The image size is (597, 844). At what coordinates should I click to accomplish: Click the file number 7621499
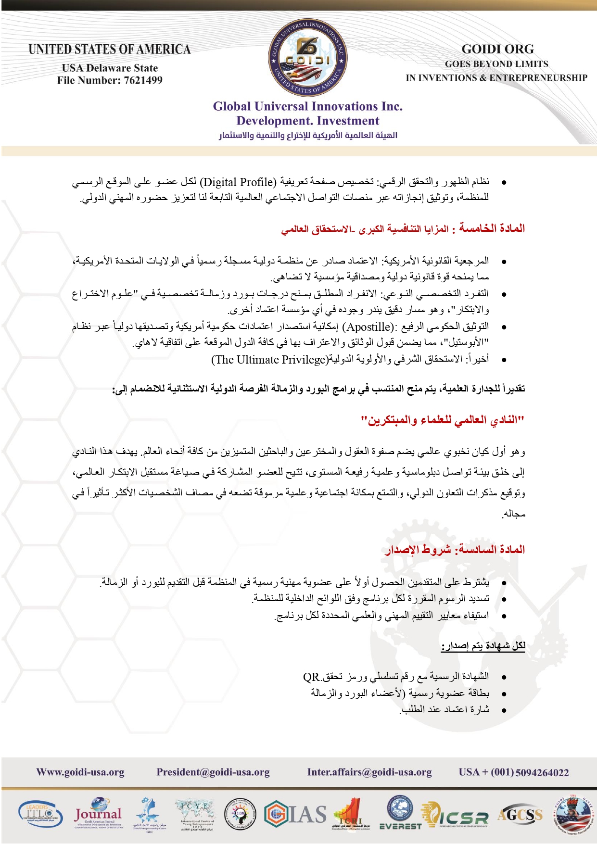point(143,80)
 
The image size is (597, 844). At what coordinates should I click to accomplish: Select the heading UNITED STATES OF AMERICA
point(110,50)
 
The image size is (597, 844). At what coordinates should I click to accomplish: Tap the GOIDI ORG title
point(497,49)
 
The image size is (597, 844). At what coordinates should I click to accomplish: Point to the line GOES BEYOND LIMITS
point(496,64)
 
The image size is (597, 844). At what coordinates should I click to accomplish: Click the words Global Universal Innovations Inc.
point(308,106)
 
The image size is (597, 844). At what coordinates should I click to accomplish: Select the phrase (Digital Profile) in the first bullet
point(238,182)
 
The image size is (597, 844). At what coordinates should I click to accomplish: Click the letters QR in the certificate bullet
point(311,677)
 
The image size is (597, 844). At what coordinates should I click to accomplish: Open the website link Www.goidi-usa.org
point(80,772)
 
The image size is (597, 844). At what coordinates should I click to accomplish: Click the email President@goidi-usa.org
point(213,772)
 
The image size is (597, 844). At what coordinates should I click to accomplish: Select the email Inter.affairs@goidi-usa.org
point(369,772)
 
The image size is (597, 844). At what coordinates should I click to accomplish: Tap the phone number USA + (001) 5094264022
point(514,772)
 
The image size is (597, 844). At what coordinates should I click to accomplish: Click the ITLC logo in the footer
point(40,815)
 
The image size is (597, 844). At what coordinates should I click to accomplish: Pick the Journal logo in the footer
point(98,815)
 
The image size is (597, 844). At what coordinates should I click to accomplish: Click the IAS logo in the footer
point(296,815)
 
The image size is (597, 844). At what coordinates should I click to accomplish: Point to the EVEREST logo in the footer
point(400,814)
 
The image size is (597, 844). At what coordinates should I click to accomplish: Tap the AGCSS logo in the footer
point(520,814)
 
